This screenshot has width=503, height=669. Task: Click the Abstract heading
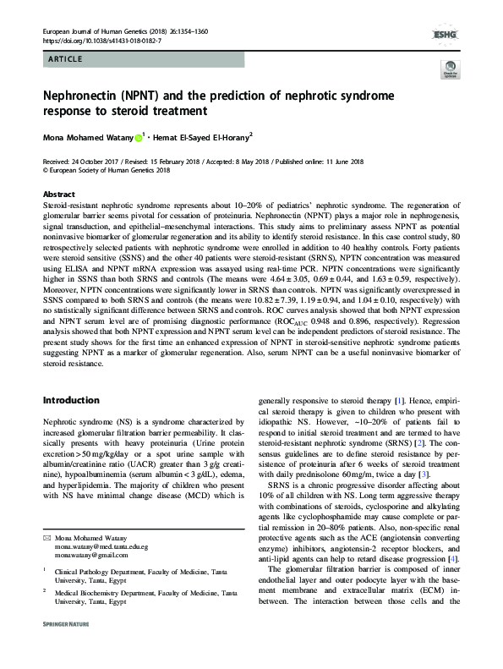tap(58, 195)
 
